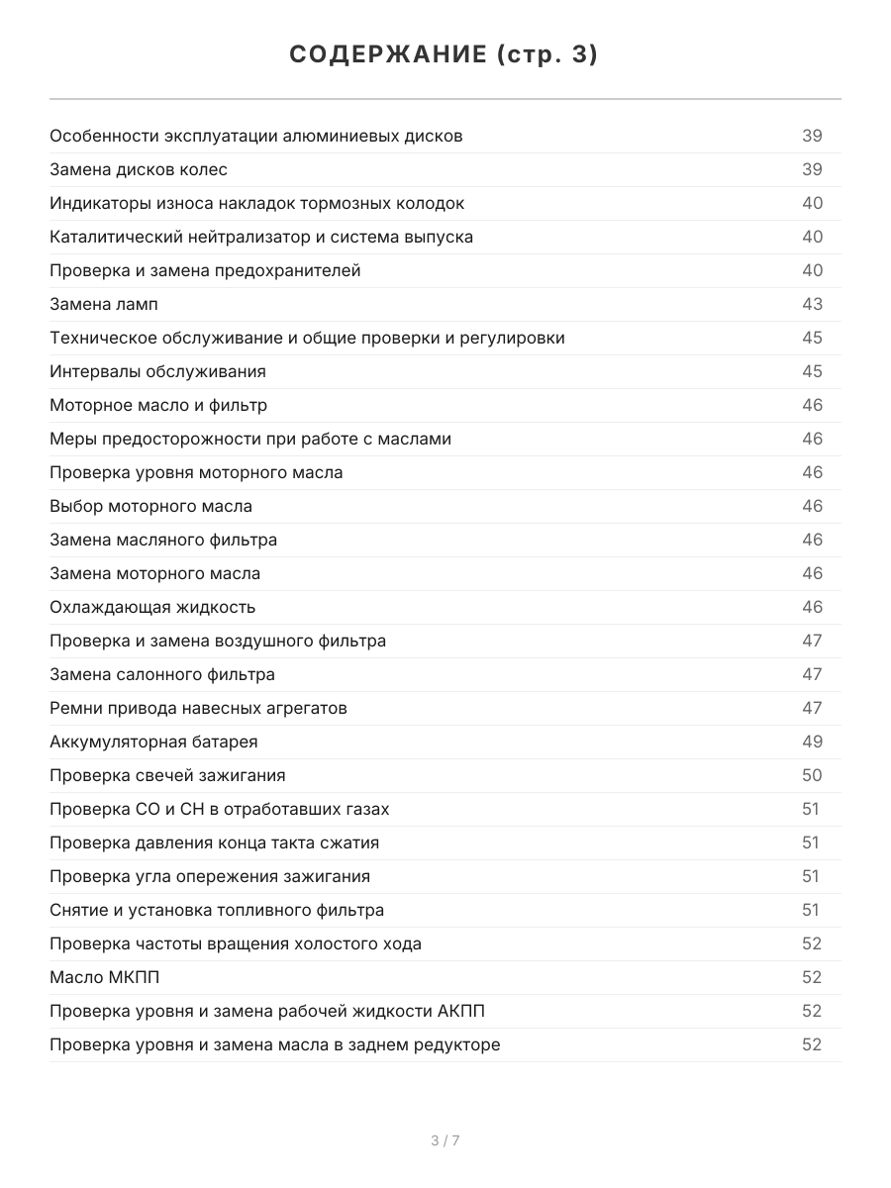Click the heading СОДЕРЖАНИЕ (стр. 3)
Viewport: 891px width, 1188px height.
click(445, 55)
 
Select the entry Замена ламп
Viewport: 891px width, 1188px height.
click(104, 304)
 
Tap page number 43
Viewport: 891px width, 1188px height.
click(812, 304)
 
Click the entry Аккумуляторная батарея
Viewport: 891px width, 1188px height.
click(153, 742)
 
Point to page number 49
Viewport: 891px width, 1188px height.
click(812, 742)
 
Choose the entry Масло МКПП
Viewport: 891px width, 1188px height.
click(104, 977)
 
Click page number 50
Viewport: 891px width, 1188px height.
click(812, 775)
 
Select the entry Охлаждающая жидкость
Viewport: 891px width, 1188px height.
click(152, 607)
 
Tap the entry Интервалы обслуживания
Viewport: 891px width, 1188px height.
click(157, 371)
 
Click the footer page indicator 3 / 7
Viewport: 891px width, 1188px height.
click(445, 1140)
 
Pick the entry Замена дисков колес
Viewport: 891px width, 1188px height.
click(139, 169)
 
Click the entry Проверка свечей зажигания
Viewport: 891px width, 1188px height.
click(167, 775)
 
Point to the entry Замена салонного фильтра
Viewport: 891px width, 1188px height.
click(162, 674)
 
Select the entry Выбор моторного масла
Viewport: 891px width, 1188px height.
click(150, 506)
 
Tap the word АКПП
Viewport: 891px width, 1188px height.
click(460, 1011)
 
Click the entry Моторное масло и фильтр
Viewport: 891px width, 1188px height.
click(158, 405)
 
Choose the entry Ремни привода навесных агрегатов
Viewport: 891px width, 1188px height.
click(198, 708)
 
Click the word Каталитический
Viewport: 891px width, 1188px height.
click(111, 237)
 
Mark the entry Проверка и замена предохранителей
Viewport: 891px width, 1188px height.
click(205, 270)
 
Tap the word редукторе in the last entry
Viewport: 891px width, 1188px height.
click(456, 1044)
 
